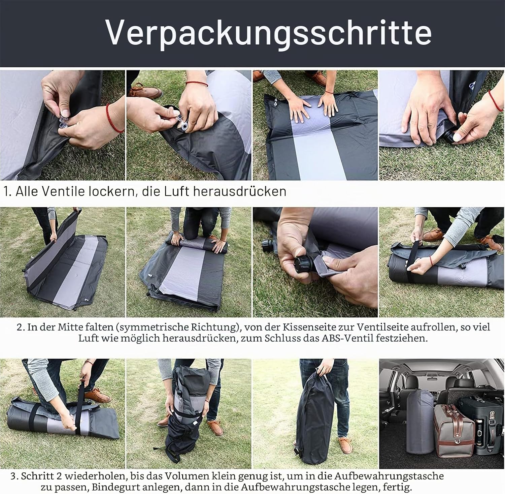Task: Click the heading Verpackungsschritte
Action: click(269, 32)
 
